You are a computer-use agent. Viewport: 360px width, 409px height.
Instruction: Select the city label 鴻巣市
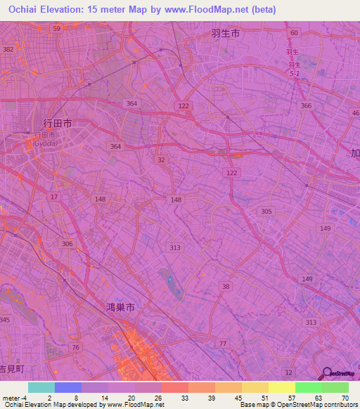tap(120, 307)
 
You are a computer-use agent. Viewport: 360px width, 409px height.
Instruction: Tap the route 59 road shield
tap(56, 28)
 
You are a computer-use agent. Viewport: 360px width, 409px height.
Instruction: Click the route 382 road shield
tap(8, 50)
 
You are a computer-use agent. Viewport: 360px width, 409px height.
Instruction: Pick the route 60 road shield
tap(294, 33)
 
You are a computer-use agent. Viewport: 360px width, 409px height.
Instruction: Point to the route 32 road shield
tap(162, 160)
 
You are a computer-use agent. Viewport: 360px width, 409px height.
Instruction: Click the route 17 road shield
tap(54, 197)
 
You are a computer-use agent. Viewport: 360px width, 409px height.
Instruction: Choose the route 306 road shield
tap(67, 244)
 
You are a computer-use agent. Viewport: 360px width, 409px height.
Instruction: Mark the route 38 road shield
tap(225, 286)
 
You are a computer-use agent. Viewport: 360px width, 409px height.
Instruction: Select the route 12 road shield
tap(288, 372)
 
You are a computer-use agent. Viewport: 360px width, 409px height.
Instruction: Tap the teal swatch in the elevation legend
tap(41, 387)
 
